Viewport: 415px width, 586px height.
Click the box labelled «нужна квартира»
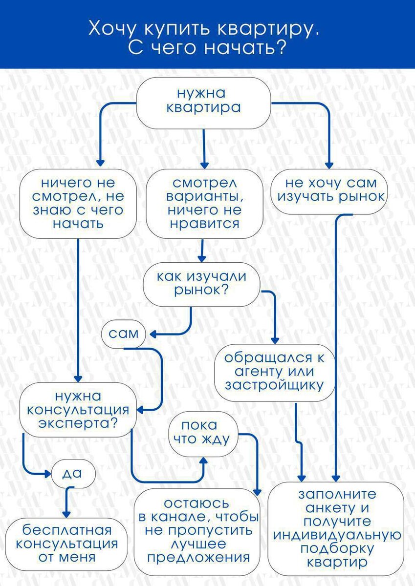203,103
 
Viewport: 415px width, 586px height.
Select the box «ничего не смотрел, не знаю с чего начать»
78,204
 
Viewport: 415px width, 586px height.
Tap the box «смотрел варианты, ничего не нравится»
204,204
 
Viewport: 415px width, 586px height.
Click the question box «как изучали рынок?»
201,283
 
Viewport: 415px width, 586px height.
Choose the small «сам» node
124,334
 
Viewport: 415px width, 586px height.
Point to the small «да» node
73,473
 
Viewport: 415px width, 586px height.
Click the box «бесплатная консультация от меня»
67,543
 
